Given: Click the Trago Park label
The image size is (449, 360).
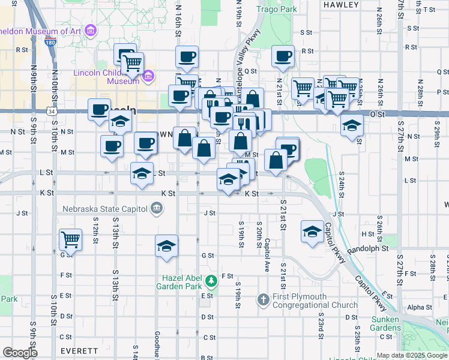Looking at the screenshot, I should tap(277, 10).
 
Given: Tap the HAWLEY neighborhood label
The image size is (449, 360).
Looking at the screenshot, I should tap(340, 4).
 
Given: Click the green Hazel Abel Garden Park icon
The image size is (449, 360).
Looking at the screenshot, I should tap(211, 280).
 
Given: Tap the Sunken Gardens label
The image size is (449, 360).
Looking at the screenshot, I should tap(385, 323).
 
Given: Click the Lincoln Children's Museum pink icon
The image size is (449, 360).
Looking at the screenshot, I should tap(149, 76).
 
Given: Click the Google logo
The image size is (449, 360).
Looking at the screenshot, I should tap(20, 352).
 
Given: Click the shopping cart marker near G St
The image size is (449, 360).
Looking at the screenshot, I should tap(70, 240).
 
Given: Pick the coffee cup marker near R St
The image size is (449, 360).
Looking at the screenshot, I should tap(283, 56).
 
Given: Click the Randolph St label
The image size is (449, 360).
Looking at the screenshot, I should tap(368, 248).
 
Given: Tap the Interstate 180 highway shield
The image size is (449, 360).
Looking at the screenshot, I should tap(50, 43).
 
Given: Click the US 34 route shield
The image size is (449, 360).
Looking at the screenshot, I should tap(52, 112).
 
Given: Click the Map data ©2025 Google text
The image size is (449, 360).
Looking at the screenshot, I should tap(412, 355).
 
